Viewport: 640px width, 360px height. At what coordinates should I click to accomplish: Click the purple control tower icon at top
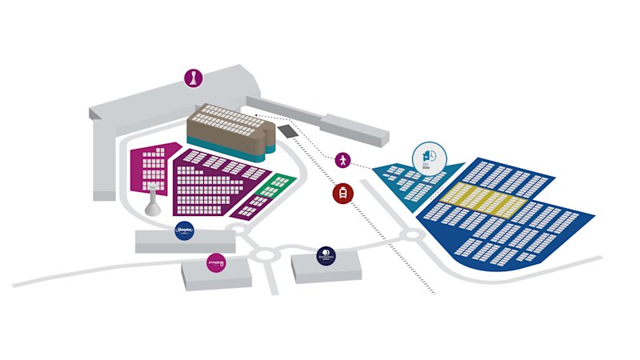194,78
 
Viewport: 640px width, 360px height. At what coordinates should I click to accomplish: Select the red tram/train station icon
342,194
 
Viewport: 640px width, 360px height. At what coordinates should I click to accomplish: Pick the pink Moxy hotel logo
216,262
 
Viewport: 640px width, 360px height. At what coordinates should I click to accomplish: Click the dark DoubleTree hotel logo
326,255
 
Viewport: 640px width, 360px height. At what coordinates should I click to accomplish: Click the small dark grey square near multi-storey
287,130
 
